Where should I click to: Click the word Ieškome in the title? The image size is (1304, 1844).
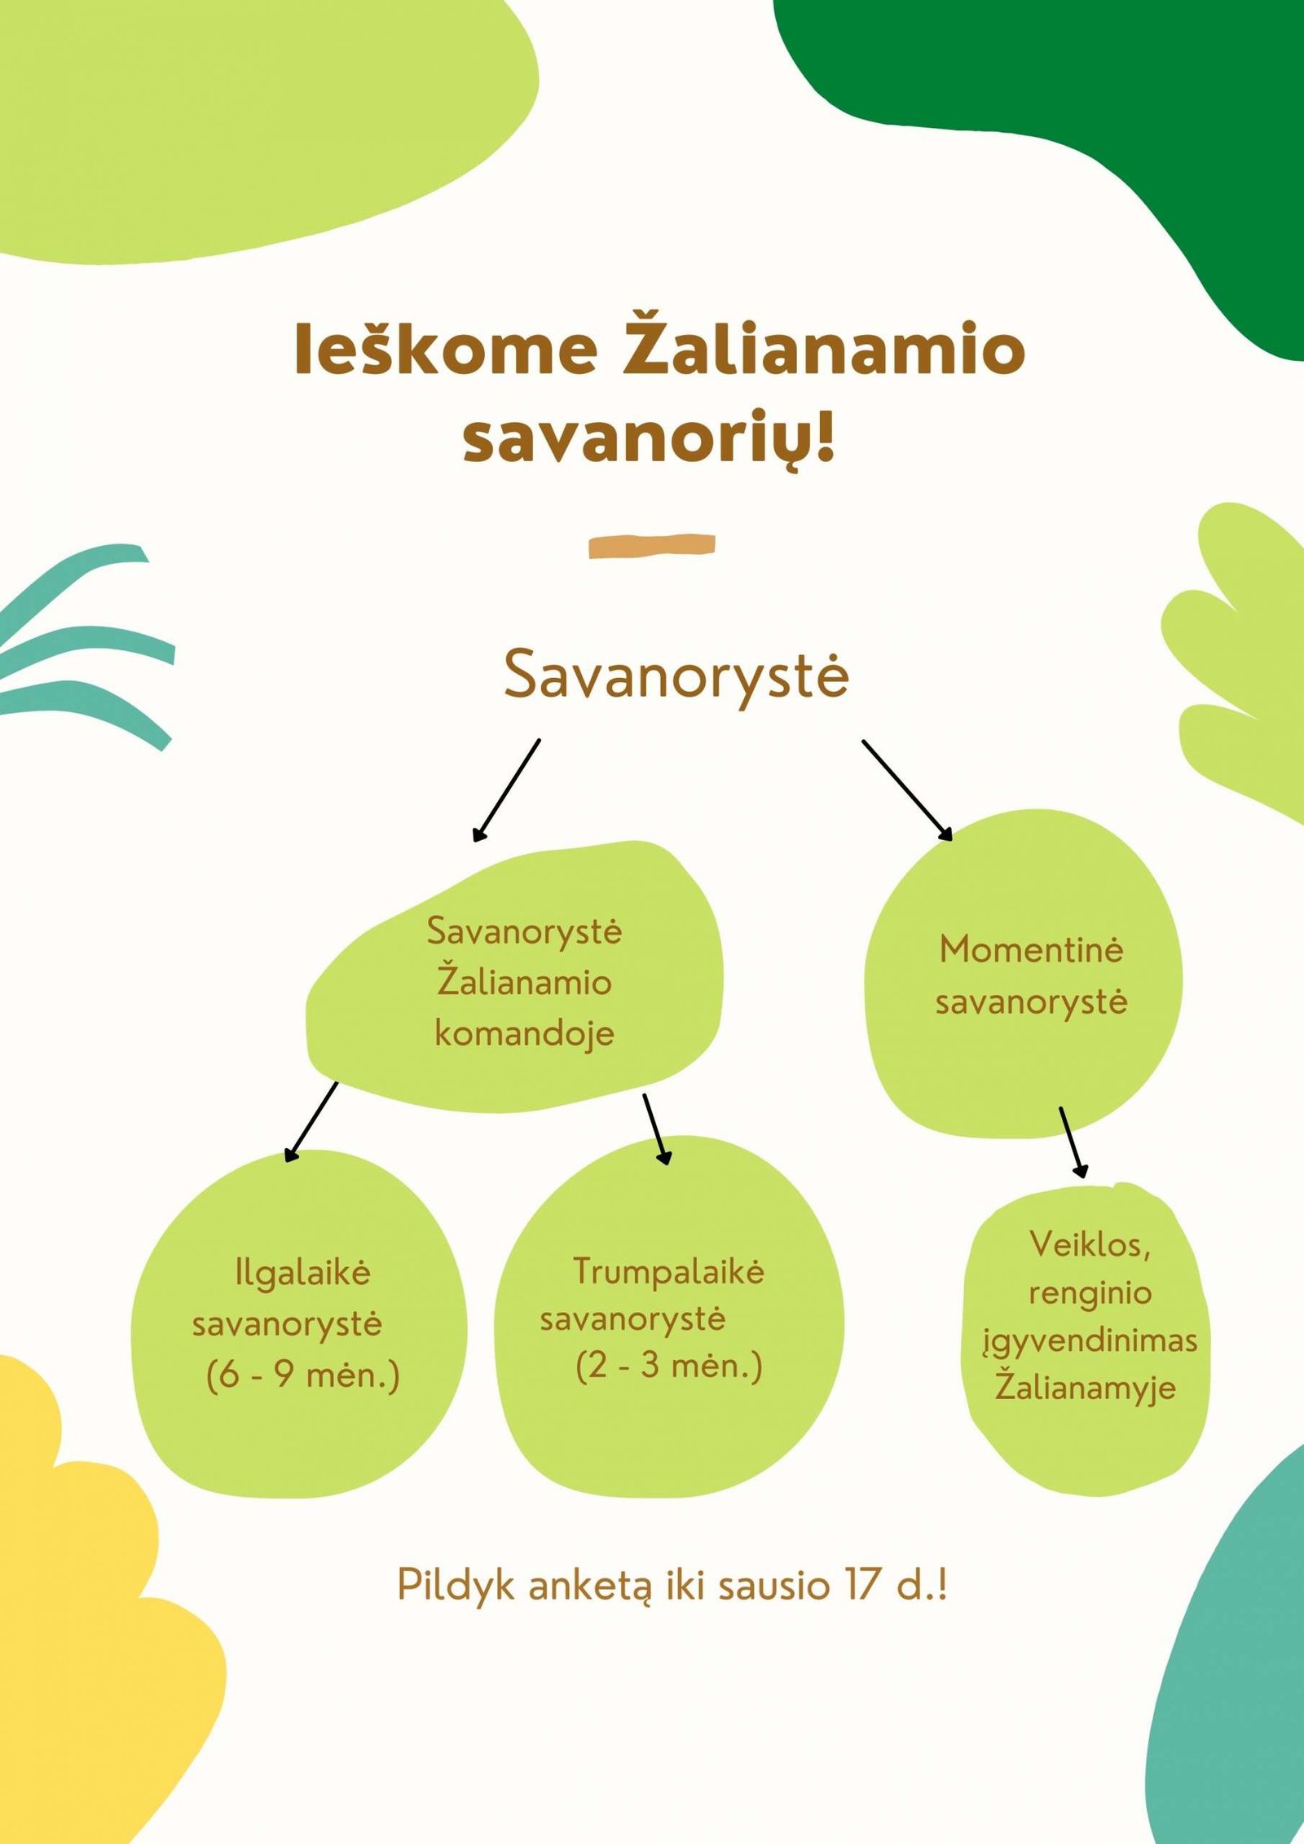tap(446, 349)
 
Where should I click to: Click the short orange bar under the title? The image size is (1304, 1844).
tap(652, 546)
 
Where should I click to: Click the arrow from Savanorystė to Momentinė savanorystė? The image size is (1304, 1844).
tap(907, 790)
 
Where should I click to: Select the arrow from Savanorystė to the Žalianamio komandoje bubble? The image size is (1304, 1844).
tap(506, 790)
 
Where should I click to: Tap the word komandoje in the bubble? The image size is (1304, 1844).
tap(524, 1034)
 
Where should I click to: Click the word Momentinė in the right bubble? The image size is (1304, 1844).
tap(1031, 949)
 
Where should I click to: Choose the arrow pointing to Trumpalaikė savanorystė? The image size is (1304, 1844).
tap(657, 1129)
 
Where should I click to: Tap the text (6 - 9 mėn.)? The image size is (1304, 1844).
tap(302, 1375)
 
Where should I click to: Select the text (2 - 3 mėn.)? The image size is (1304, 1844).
tap(668, 1365)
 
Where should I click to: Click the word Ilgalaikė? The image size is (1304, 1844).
tap(302, 1273)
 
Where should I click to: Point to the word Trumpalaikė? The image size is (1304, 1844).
tap(668, 1271)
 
